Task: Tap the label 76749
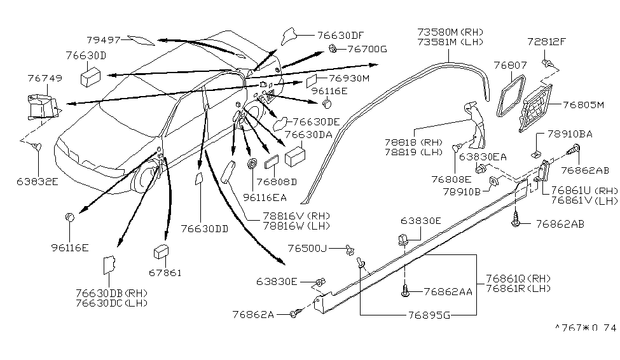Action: pos(45,78)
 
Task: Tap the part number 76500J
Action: pos(307,249)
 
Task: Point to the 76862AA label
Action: pos(448,291)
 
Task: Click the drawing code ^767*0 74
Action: pos(586,328)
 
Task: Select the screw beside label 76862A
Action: pos(294,312)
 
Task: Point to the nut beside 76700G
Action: pos(333,48)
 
